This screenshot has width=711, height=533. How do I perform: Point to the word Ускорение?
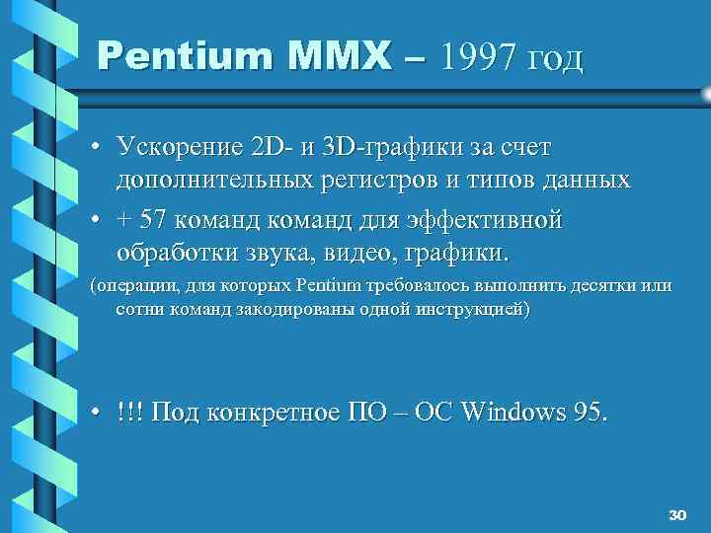(179, 148)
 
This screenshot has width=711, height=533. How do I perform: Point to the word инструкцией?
(473, 310)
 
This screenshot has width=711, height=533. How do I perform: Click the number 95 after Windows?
(590, 412)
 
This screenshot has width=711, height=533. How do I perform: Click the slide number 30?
(676, 514)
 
